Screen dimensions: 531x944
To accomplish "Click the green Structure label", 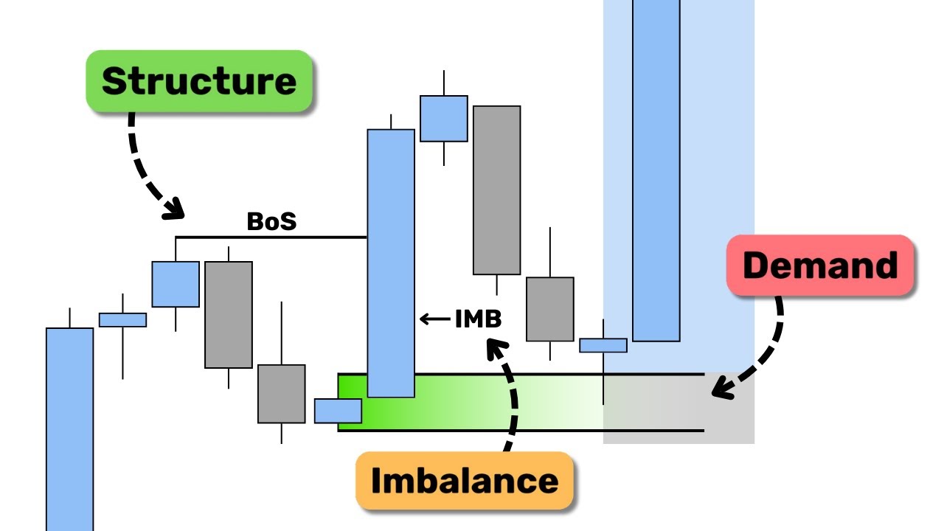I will pos(199,81).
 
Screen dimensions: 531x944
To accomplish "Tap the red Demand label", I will pos(820,265).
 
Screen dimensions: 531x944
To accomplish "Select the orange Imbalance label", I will pos(465,481).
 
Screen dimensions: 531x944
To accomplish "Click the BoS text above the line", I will pos(271,221).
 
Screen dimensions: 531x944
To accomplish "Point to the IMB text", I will pos(478,319).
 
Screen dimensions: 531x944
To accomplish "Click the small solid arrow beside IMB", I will pos(434,319).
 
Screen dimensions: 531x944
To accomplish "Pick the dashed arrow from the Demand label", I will pos(760,354).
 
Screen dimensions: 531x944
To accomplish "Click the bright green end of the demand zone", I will pos(354,402).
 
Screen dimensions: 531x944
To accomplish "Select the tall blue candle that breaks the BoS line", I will pos(391,263).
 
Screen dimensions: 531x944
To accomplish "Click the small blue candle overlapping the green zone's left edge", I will pos(338,411).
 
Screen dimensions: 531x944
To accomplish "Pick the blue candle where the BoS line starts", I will pos(176,284).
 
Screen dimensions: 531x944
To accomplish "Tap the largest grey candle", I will pos(496,190).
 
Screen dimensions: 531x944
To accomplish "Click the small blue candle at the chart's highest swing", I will pos(444,118).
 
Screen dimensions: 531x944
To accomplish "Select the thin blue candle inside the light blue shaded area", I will pos(603,345).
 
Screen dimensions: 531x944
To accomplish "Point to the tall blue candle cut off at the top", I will pos(656,170).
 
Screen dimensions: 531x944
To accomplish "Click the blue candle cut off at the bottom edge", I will pos(70,428).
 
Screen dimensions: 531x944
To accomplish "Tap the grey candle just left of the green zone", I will pos(281,393).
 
